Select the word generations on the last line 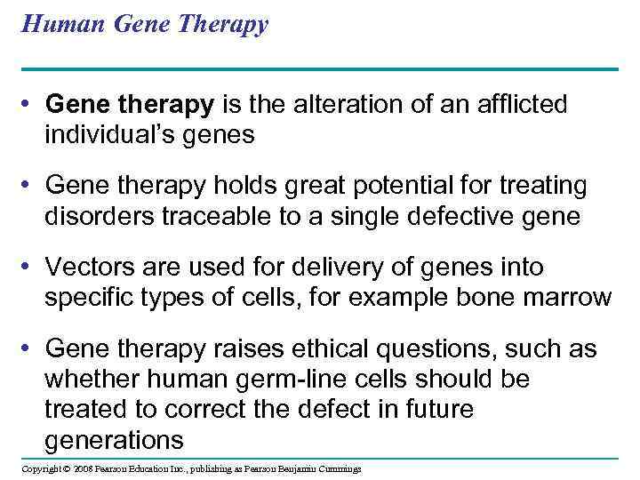114,439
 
